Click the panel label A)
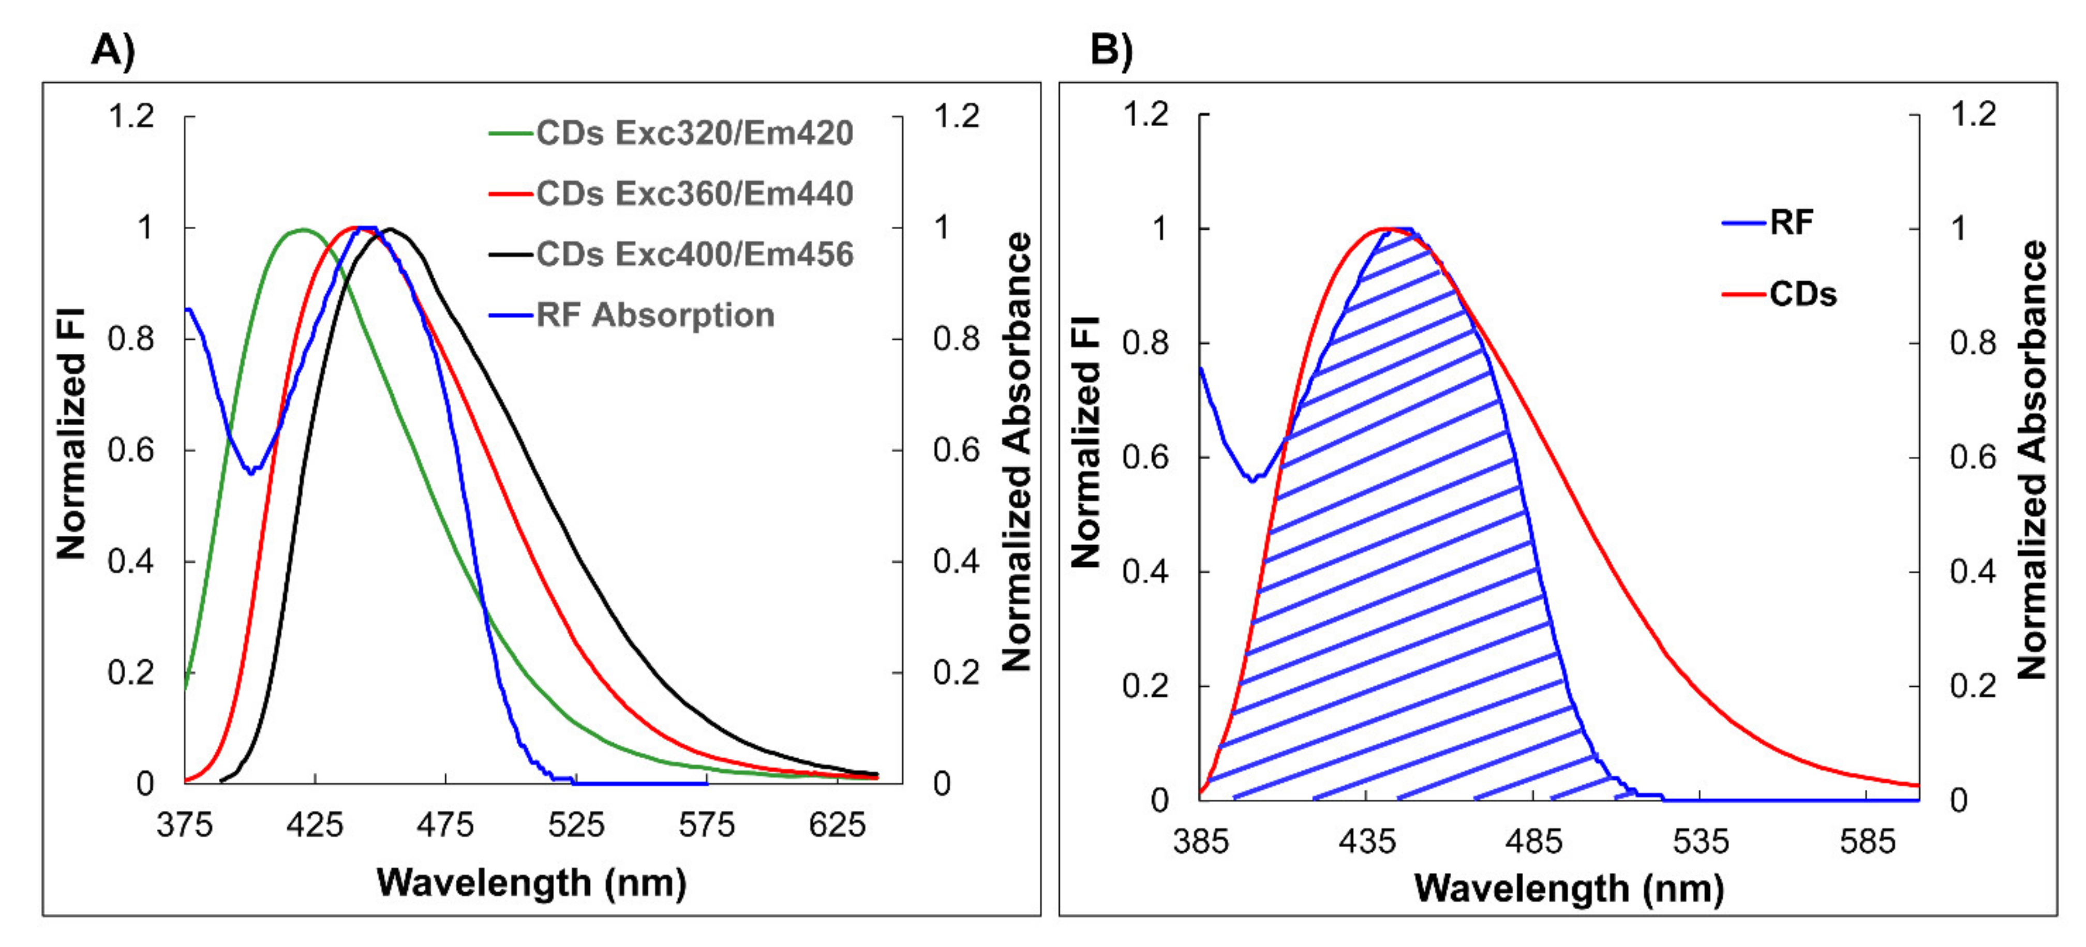tap(113, 50)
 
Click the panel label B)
tap(1111, 50)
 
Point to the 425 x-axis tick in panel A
tap(315, 825)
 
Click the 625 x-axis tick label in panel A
tap(837, 825)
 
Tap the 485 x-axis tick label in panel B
tap(1533, 842)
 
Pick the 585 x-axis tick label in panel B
tap(1867, 842)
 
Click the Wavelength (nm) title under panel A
tap(531, 882)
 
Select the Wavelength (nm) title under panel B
tap(1569, 888)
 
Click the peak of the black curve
tap(390, 229)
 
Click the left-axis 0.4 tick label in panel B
tap(1145, 572)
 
